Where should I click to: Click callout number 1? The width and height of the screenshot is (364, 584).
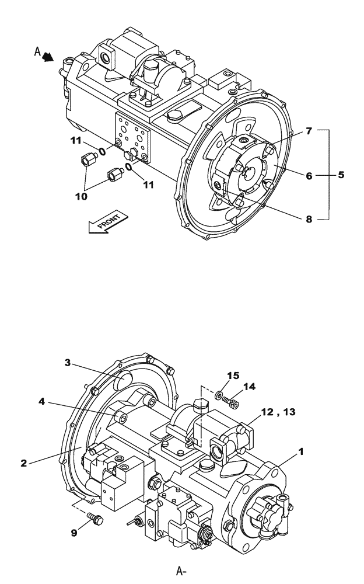(x=301, y=451)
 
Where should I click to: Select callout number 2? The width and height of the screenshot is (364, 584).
(x=24, y=463)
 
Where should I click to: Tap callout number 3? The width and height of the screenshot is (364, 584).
(x=68, y=363)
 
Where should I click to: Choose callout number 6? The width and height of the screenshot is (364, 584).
(x=309, y=174)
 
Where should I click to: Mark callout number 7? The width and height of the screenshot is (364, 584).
(x=309, y=131)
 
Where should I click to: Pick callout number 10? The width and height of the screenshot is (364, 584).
(x=81, y=196)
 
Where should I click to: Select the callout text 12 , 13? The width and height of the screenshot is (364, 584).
(x=280, y=412)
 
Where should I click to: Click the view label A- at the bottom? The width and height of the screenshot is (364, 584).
(x=181, y=571)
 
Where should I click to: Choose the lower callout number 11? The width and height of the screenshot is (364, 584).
(x=149, y=185)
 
